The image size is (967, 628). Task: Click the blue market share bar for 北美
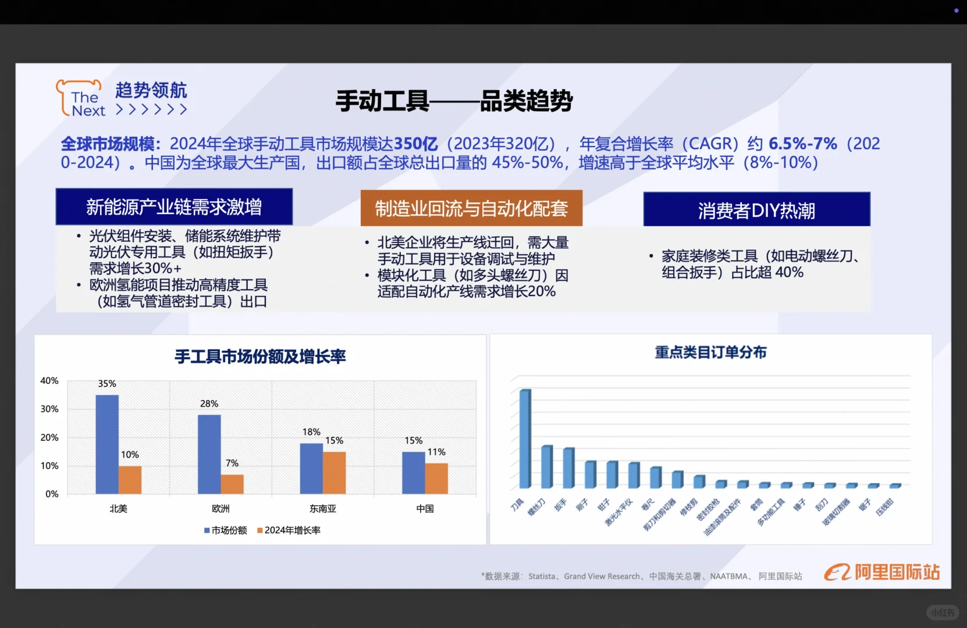coord(107,444)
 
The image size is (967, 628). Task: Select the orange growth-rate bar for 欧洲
coord(232,484)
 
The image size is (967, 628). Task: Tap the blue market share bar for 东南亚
coord(311,469)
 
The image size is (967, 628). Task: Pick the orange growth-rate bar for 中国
coord(436,478)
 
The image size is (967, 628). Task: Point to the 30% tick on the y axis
coord(49,409)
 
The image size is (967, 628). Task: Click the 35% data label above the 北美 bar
coord(107,384)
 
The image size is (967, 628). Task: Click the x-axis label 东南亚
coord(323,509)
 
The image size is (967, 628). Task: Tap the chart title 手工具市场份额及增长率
coord(260,356)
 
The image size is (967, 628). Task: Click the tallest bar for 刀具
coord(525,438)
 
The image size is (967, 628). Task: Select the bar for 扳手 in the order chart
coord(568,468)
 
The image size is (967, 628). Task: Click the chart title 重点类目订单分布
coord(710,352)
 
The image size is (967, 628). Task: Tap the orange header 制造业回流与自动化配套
coord(471,208)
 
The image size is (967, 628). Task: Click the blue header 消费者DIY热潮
coord(756,210)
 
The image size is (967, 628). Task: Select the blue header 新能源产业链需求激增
coord(174,207)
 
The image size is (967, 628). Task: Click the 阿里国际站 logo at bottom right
coord(881,572)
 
